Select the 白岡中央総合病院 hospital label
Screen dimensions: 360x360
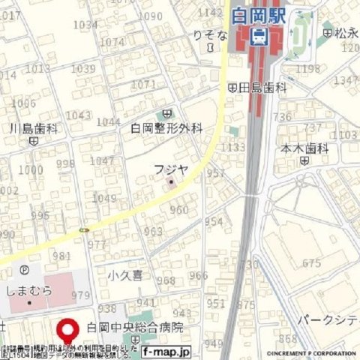[x=135, y=328]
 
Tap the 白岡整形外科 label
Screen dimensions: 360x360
[x=166, y=128]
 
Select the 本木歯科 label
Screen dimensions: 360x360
[x=305, y=148]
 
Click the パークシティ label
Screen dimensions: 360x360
[x=330, y=320]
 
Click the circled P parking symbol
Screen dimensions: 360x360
[x=24, y=270]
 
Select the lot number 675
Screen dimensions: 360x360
[x=311, y=263]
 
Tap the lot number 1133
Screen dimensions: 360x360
[x=233, y=148]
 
